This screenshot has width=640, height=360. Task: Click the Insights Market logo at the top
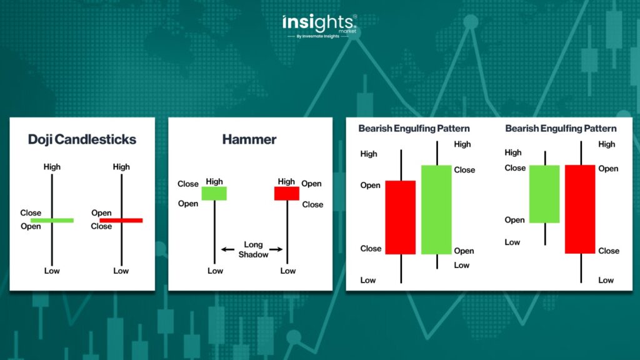[x=319, y=26]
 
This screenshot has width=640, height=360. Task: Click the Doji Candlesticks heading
[x=82, y=139]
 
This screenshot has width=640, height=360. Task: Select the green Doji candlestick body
[x=52, y=221]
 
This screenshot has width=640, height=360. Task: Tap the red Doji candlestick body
[x=121, y=221]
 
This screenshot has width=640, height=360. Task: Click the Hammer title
[x=249, y=139]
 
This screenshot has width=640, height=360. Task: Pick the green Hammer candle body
[x=214, y=194]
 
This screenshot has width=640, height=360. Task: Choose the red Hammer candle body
[x=286, y=194]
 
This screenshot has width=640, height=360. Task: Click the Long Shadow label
[x=254, y=249]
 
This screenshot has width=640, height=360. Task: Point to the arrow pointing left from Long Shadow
[x=227, y=249]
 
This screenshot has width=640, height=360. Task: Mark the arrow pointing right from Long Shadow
[x=276, y=249]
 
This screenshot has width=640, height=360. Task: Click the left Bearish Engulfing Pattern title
[x=414, y=129]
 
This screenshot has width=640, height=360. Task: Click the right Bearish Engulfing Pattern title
[x=561, y=129]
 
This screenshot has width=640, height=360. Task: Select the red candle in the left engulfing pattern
[x=401, y=217]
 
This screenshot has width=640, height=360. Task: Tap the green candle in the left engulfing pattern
[x=436, y=210]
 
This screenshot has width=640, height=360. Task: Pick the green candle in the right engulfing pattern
[x=544, y=194]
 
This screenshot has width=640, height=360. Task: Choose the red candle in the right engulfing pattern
[x=580, y=209]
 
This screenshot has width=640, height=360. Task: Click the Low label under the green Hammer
[x=215, y=271]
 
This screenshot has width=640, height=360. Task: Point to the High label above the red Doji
[x=121, y=166]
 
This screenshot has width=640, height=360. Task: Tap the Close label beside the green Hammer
[x=187, y=184]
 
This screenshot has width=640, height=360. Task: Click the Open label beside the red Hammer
[x=311, y=184]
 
